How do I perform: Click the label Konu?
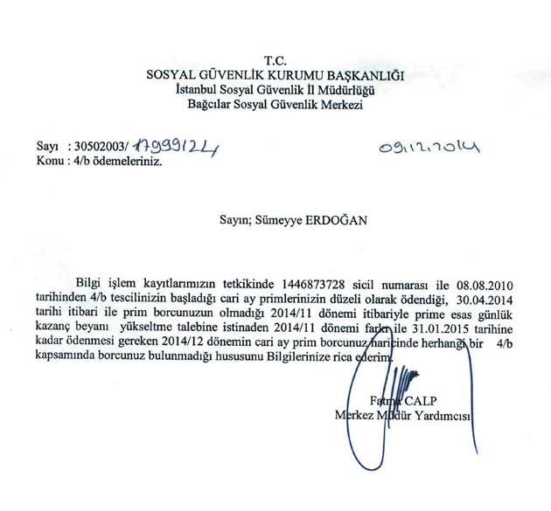(50, 162)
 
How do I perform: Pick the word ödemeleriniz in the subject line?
(130, 162)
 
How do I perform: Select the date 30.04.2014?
(492, 300)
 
